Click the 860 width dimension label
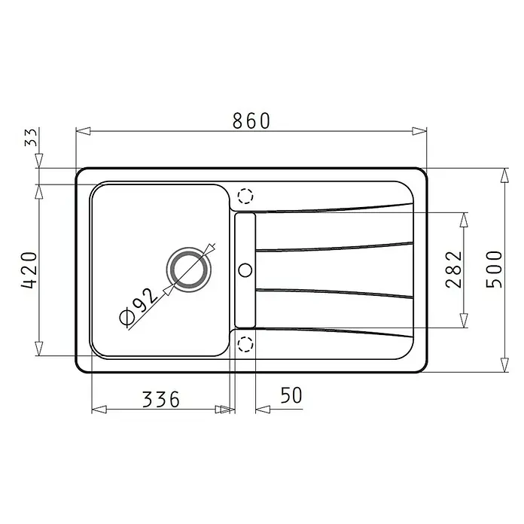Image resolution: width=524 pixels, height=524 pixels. pyautogui.click(x=251, y=120)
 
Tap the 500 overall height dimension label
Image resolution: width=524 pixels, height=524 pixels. pyautogui.click(x=494, y=270)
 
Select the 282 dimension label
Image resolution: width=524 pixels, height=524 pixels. pyautogui.click(x=454, y=270)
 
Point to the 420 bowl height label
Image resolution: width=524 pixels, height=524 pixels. pyautogui.click(x=29, y=270)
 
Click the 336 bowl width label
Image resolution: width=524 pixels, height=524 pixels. pyautogui.click(x=161, y=399)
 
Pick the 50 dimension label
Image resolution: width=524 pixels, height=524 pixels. pyautogui.click(x=291, y=395)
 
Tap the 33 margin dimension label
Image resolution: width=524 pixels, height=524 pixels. pyautogui.click(x=31, y=137)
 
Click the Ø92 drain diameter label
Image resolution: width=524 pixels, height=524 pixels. pyautogui.click(x=138, y=306)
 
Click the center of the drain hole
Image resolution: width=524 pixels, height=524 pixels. pyautogui.click(x=189, y=270)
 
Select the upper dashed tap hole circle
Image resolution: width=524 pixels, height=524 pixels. pyautogui.click(x=245, y=196)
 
